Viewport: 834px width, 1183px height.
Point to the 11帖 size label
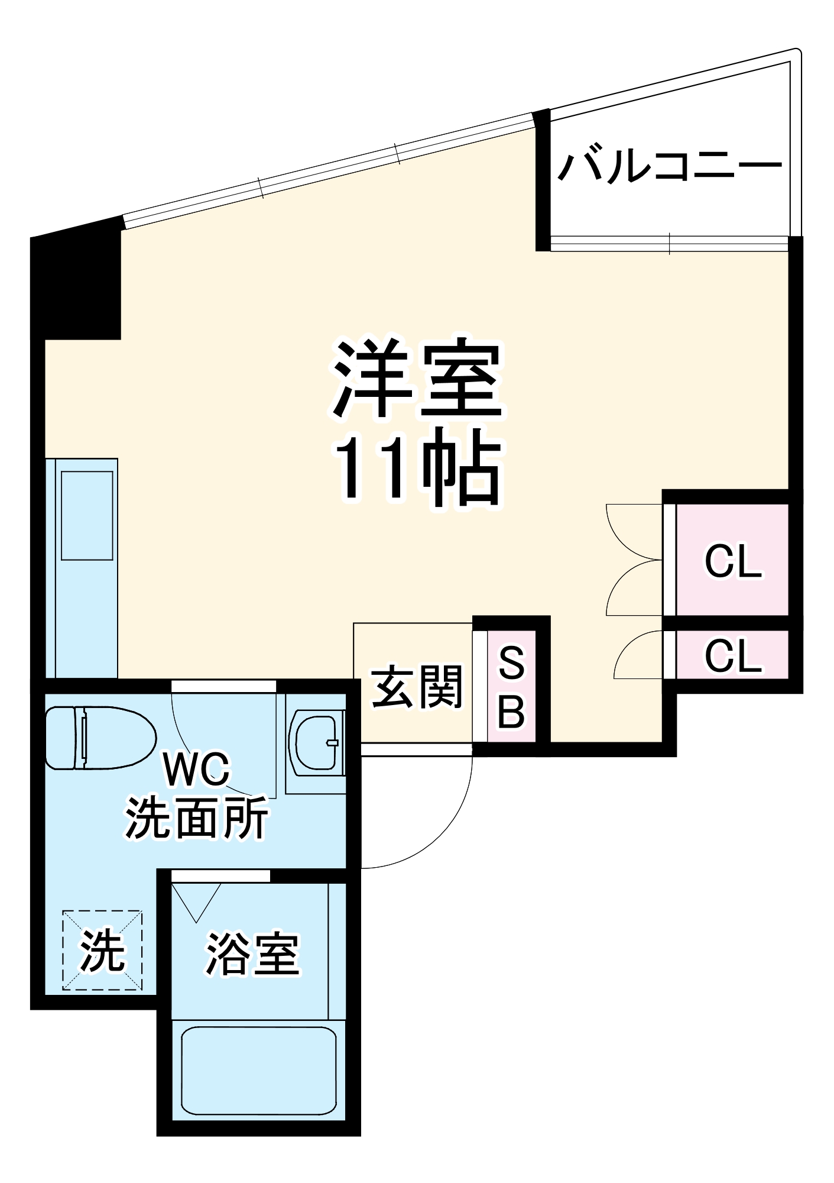pos(417,470)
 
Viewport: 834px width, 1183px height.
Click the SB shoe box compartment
pos(511,687)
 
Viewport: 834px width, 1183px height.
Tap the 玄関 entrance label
pos(416,687)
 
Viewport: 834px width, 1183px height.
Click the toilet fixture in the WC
pos(100,738)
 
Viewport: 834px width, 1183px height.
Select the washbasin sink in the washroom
pos(317,743)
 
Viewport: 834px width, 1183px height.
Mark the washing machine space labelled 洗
pos(102,951)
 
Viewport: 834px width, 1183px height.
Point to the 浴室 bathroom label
pos(252,954)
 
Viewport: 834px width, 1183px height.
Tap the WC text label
pos(197,770)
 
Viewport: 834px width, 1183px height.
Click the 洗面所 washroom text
pos(197,818)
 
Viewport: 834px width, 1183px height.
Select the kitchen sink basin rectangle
pos(87,515)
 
